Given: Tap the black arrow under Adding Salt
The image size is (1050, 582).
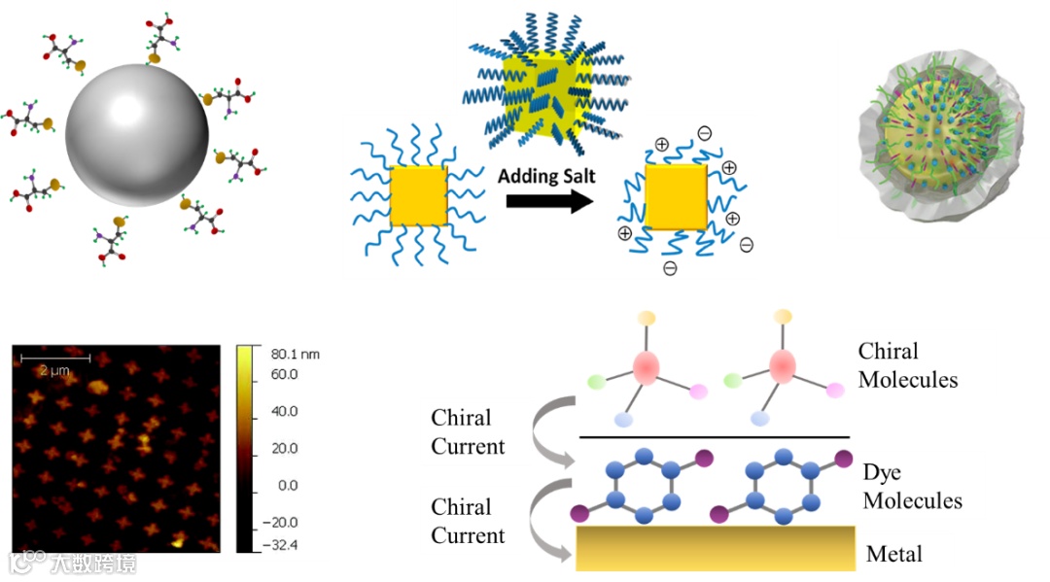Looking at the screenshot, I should (x=548, y=201).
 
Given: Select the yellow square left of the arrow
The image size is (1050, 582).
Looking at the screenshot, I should (x=418, y=195).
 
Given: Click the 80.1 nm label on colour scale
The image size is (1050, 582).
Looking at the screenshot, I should (x=296, y=355).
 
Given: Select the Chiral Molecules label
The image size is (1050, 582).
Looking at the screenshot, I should (x=907, y=365).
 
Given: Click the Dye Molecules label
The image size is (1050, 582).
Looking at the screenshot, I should (x=912, y=487).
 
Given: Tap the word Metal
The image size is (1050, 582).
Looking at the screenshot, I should (x=893, y=555).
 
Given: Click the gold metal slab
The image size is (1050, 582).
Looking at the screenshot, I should (x=716, y=548).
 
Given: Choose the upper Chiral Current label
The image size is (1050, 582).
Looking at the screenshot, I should (x=468, y=432).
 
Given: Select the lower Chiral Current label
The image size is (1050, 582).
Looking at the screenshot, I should (x=468, y=521).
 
